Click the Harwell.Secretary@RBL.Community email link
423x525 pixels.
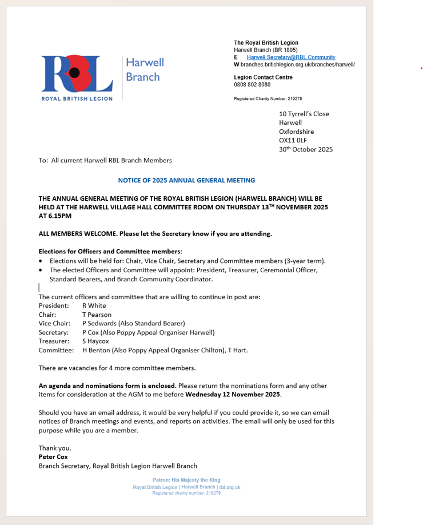[x=291, y=57]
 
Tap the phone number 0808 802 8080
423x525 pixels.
[x=252, y=85]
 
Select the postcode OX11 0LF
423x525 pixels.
[x=293, y=140]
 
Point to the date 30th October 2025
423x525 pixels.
[x=306, y=149]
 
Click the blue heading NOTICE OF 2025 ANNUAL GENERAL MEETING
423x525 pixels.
[x=186, y=180]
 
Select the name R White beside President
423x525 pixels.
[x=94, y=305]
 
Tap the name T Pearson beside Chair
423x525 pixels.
[x=97, y=315]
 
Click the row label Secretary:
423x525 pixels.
[x=54, y=332]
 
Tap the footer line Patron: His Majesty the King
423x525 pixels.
[x=186, y=480]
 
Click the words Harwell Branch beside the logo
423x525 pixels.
[x=145, y=69]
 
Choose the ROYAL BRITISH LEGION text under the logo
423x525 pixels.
[x=77, y=98]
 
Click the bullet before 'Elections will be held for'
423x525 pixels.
[x=41, y=261]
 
